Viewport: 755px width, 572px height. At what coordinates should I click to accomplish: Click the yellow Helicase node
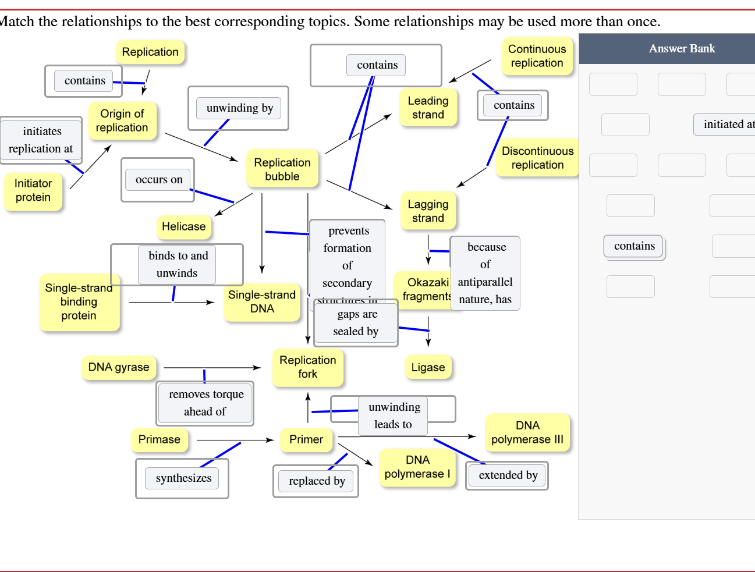pos(183,226)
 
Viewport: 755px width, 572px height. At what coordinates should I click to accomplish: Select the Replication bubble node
pos(282,169)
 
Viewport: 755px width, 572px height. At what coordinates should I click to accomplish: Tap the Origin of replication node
pos(122,120)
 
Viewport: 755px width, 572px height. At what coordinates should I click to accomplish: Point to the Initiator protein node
pos(33,190)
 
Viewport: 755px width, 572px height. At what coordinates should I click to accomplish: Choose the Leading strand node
pos(428,108)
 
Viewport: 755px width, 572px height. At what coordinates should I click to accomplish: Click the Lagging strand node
pos(428,211)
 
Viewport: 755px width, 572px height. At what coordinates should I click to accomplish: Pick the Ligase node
pos(428,367)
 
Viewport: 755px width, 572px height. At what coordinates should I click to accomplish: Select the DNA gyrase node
pos(119,367)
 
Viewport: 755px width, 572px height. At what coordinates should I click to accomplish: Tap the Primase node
pos(159,439)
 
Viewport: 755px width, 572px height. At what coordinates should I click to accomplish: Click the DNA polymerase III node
pos(527,432)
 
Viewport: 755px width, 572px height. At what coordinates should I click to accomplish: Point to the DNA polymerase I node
pos(417,467)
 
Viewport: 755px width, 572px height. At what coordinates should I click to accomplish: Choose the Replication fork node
pos(307,367)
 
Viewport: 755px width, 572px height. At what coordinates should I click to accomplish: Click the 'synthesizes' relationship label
pos(183,478)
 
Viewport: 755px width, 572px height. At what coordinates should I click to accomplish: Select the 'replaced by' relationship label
pos(317,481)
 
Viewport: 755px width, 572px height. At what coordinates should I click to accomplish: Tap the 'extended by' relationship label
pos(508,475)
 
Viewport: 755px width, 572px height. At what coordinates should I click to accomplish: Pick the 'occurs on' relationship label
pos(159,180)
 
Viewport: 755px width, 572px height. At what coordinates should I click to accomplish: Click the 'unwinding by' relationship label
pos(239,108)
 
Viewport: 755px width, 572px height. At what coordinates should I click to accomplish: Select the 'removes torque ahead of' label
pos(206,403)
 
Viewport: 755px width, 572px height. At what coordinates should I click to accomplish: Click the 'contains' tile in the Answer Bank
pos(634,246)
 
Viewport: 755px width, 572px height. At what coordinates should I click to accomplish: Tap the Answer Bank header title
pos(682,49)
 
